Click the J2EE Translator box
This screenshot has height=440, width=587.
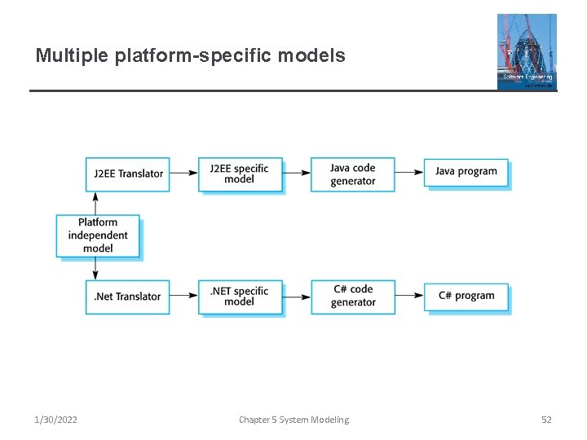[x=127, y=174]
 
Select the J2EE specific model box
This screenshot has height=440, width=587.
[x=240, y=174]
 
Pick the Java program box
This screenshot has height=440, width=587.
[x=466, y=172]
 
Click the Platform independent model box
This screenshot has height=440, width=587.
[x=98, y=235]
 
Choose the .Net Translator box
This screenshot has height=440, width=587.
[x=127, y=297]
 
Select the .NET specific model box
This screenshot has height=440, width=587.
[x=240, y=297]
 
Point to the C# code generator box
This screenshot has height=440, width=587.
[x=352, y=297]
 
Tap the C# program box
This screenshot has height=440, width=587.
[x=466, y=297]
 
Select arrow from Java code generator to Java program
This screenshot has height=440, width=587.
[x=409, y=172]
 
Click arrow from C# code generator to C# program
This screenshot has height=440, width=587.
[x=409, y=297]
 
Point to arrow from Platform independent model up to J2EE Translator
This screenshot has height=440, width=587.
[x=96, y=203]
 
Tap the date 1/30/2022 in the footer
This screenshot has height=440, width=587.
[x=56, y=420]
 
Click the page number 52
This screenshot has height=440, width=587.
[x=546, y=420]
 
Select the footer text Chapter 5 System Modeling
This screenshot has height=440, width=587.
[x=293, y=420]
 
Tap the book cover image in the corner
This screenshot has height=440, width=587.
[x=527, y=51]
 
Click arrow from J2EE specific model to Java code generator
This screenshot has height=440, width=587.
[x=296, y=173]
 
